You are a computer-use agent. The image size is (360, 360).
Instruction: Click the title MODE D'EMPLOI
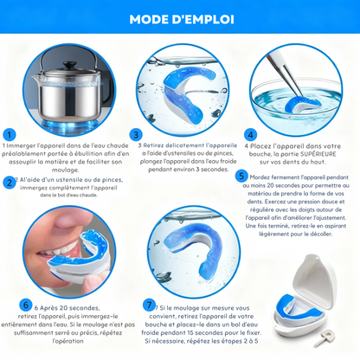click(x=179, y=19)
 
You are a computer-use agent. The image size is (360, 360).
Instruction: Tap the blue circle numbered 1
click(x=10, y=135)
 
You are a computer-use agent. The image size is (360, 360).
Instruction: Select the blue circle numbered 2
click(x=10, y=182)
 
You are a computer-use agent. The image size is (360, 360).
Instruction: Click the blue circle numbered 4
click(x=250, y=135)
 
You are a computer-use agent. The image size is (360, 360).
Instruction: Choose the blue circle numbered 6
click(x=25, y=305)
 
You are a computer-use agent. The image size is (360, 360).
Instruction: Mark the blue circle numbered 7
click(x=151, y=305)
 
